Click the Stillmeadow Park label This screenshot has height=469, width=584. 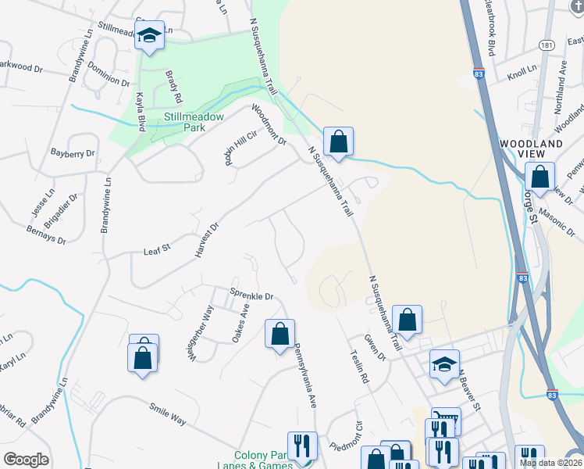[x=193, y=123]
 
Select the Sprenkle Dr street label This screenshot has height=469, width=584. [x=251, y=295]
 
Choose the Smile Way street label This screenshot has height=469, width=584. [x=168, y=414]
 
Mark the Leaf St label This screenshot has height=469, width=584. [x=156, y=251]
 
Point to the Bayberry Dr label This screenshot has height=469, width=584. [x=72, y=153]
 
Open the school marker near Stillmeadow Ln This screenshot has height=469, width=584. [x=149, y=36]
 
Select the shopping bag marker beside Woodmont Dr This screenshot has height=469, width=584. [x=338, y=142]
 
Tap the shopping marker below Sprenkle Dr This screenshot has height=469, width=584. [x=280, y=335]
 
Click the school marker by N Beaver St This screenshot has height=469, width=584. [x=444, y=365]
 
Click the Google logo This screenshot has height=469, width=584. [x=26, y=460]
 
